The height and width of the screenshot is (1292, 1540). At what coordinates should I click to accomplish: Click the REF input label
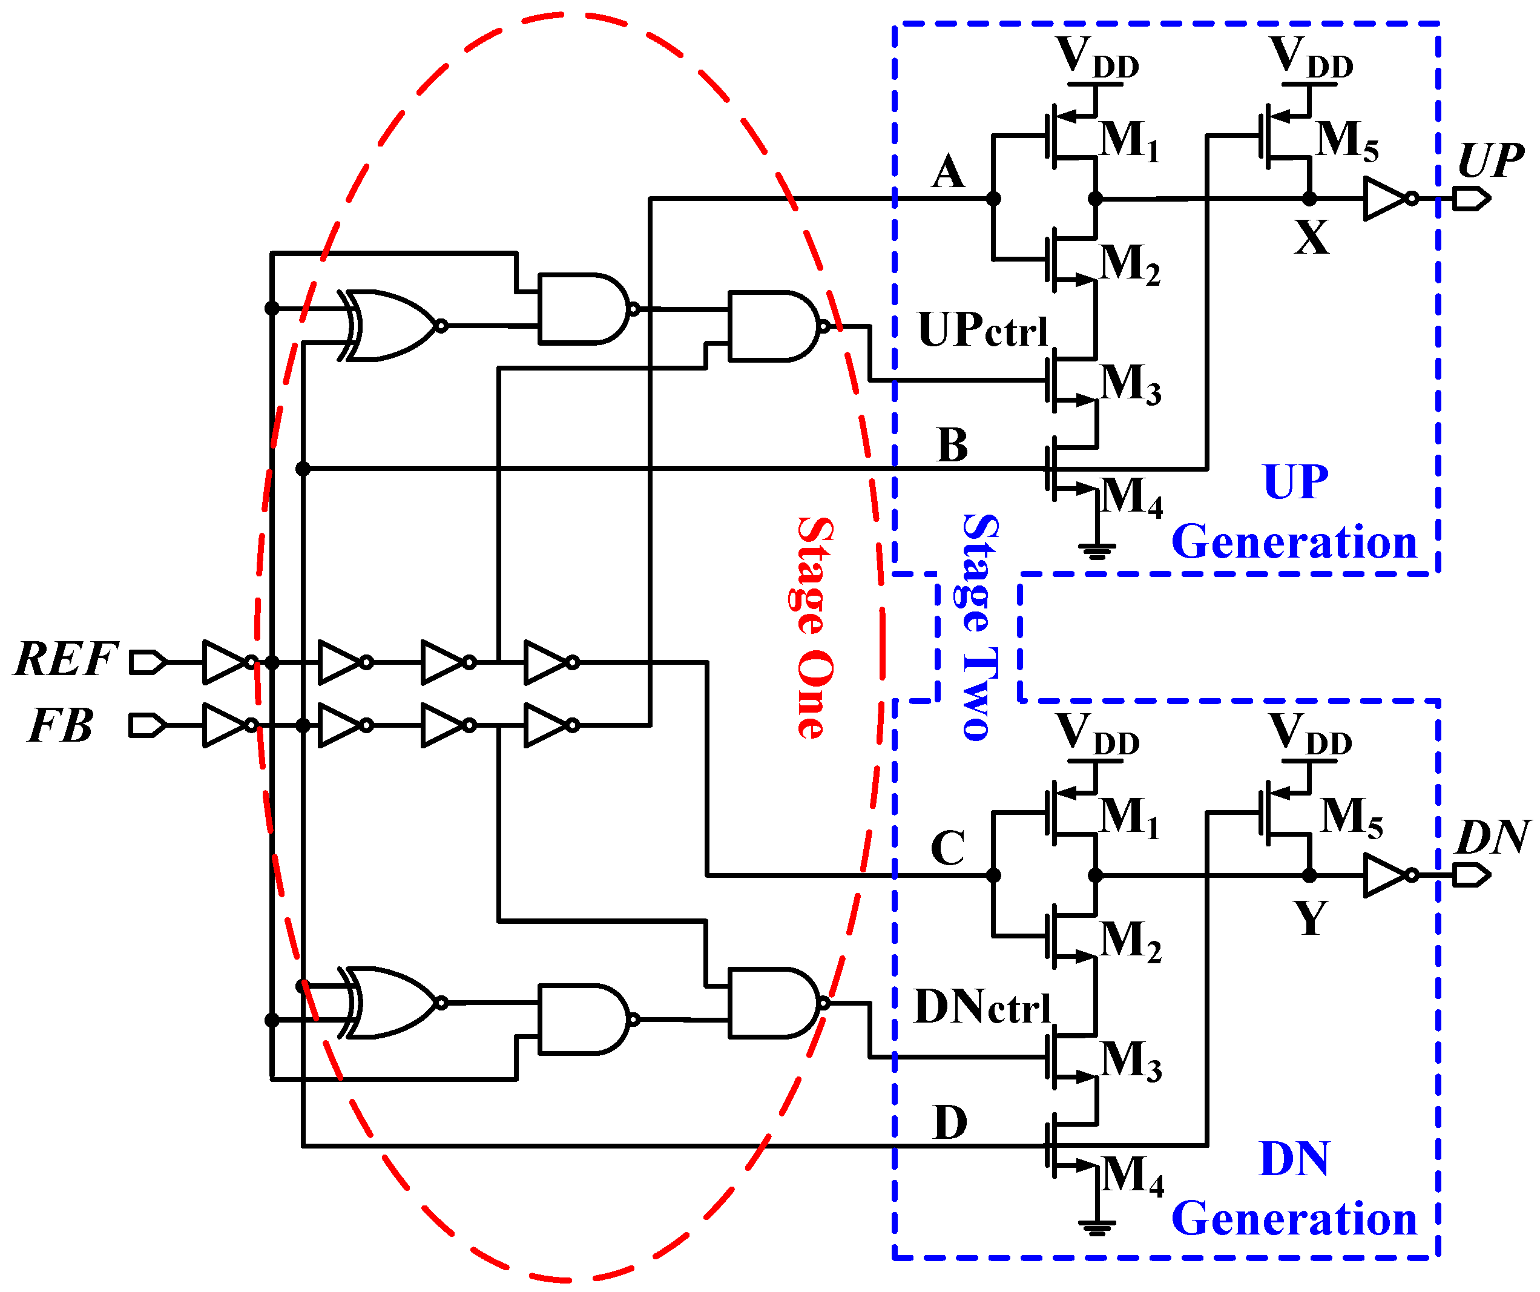[x=66, y=659]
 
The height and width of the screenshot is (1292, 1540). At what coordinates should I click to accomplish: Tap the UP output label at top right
[x=1490, y=160]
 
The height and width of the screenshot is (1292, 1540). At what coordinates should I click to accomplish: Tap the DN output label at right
[x=1492, y=837]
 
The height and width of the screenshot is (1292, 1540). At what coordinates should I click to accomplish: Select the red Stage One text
[x=815, y=627]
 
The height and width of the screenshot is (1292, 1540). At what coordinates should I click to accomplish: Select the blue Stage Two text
[x=979, y=627]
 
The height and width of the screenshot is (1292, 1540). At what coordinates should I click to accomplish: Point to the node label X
[x=1311, y=239]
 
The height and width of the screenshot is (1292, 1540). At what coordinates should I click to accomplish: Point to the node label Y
[x=1311, y=917]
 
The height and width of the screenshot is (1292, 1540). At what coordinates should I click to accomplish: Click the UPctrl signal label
[x=982, y=331]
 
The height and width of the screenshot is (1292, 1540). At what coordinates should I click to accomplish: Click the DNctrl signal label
[x=982, y=1007]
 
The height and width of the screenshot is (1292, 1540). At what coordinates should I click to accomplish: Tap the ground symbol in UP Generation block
[x=1096, y=550]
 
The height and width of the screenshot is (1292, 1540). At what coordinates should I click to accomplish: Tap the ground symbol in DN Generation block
[x=1096, y=1227]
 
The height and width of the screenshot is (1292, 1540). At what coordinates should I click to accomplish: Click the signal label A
[x=948, y=173]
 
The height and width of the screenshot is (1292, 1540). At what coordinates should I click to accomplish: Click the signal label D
[x=950, y=1122]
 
